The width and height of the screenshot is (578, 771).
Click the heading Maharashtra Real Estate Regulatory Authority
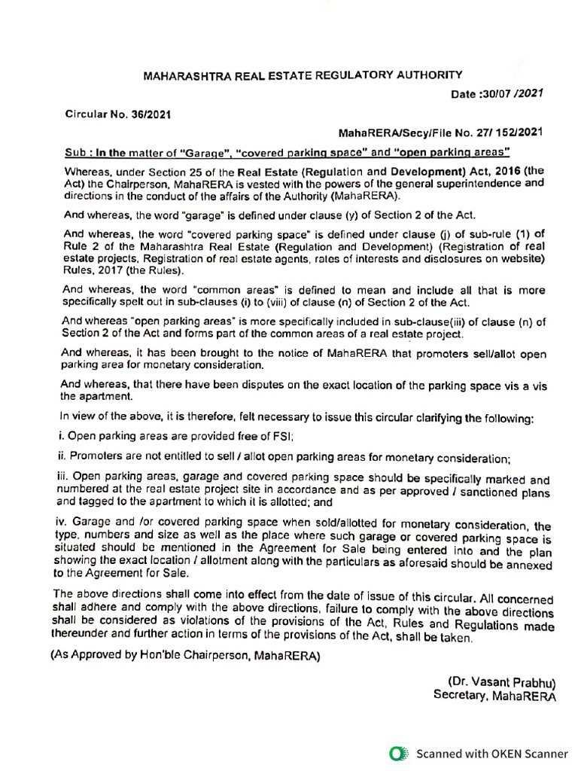point(303,75)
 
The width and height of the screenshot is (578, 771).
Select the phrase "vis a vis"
point(524,385)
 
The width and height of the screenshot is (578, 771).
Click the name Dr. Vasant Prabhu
point(501,682)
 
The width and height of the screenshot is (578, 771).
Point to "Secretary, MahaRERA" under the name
point(494,696)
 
